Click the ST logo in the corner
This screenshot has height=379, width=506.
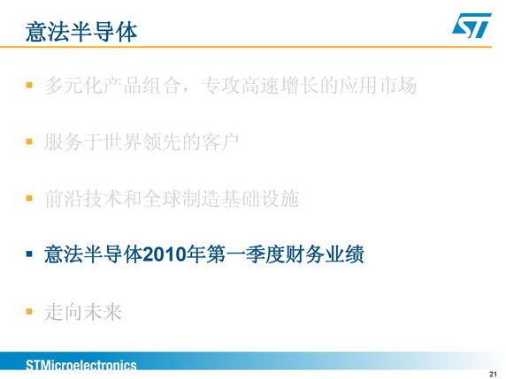coord(471,25)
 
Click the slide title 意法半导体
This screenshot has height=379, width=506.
coord(81,32)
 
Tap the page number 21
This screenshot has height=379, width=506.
coord(493,375)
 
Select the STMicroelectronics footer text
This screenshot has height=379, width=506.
coord(81,365)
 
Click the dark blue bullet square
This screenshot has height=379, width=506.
coord(29,254)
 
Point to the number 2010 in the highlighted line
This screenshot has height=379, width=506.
coord(165,254)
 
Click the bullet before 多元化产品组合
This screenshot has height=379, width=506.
coord(29,85)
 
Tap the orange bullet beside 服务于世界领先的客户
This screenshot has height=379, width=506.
coord(29,141)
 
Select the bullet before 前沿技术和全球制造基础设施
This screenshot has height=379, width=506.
coord(29,198)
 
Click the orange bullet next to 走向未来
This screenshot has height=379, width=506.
coord(29,311)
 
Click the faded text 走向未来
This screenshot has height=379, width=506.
coord(83,312)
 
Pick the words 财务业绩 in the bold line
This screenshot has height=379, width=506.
coord(325,254)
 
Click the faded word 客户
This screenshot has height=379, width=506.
coord(220,142)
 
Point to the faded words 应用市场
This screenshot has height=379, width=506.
coord(377,86)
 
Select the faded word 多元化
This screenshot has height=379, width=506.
coord(73,86)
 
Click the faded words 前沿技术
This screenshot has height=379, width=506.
coord(83,198)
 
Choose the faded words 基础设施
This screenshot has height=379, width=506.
coord(260,198)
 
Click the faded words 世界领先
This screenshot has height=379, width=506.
coord(142,142)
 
